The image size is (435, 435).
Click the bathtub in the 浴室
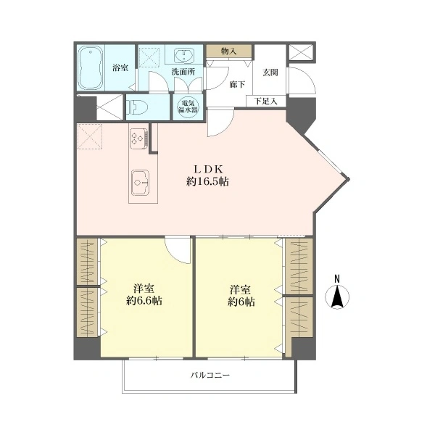click(x=91, y=67)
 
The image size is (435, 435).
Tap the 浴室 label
click(x=120, y=67)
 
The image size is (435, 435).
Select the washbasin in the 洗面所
click(x=184, y=55)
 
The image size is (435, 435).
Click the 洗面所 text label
click(x=183, y=72)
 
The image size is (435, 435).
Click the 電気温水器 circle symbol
click(x=188, y=107)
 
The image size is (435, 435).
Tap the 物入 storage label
click(x=229, y=51)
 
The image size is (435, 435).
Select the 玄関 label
click(x=270, y=72)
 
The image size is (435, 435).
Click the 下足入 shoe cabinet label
click(x=266, y=101)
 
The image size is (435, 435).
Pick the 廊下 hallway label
click(x=237, y=84)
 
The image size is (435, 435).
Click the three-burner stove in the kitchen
click(x=138, y=138)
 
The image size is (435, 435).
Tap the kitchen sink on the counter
click(x=140, y=182)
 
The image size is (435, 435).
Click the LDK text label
click(x=208, y=169)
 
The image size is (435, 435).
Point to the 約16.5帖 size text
click(x=208, y=182)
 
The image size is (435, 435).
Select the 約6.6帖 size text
click(x=144, y=301)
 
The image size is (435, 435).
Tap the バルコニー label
click(x=210, y=376)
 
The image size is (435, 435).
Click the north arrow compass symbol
click(x=337, y=297)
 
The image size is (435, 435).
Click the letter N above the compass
click(x=337, y=278)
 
